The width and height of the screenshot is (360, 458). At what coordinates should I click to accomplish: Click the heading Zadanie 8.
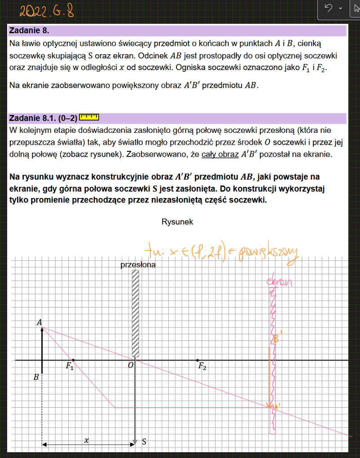(29, 31)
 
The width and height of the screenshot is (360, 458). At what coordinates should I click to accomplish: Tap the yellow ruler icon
(88, 118)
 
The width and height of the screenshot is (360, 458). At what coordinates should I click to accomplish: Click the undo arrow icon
(329, 8)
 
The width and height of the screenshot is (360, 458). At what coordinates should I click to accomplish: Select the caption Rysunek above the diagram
(177, 222)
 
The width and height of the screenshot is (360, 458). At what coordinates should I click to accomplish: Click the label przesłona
(138, 265)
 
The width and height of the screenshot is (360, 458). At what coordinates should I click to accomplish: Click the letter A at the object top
(40, 322)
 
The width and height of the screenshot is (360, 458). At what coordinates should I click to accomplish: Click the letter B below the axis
(36, 378)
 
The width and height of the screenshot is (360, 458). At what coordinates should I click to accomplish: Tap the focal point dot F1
(73, 360)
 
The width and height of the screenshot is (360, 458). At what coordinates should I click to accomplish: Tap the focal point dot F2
(198, 360)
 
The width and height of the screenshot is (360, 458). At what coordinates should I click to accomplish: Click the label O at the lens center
(130, 366)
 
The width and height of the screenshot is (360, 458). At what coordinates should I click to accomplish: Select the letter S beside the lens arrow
(144, 442)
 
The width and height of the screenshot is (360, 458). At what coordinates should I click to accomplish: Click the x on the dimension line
(86, 441)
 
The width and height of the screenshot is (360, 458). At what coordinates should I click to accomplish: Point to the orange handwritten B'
(277, 340)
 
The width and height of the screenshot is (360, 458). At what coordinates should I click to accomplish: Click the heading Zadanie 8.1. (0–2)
(42, 118)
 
